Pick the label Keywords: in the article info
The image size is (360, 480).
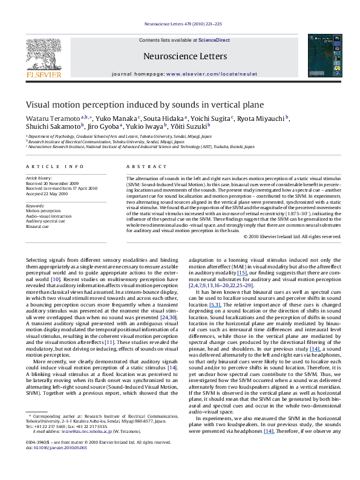pos(35,206)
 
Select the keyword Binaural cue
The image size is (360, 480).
pos(37,225)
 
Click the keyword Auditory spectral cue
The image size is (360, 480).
pos(44,221)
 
